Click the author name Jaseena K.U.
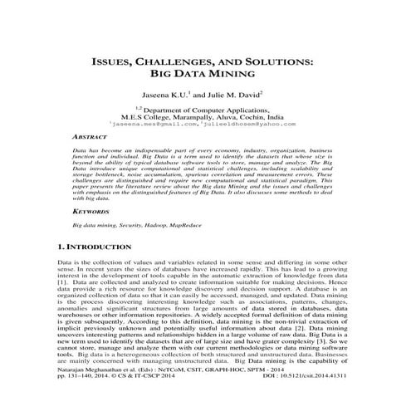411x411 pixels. pos(168,96)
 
